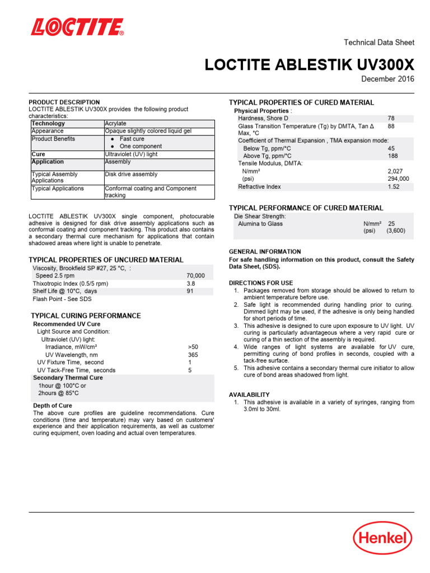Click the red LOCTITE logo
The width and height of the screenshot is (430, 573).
tap(77, 27)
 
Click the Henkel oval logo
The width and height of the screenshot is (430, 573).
tap(382, 539)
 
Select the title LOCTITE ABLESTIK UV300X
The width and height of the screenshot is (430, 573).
tap(310, 65)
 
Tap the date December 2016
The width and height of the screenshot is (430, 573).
tap(387, 79)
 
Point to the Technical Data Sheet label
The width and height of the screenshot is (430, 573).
tap(378, 43)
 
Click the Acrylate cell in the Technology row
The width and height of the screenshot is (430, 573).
tap(116, 123)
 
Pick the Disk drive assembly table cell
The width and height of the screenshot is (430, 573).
tap(131, 174)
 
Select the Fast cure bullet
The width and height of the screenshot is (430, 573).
tap(132, 139)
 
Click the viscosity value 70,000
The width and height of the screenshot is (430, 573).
tap(195, 276)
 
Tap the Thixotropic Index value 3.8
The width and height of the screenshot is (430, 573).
tap(191, 284)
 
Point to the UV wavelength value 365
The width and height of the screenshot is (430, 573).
tap(193, 355)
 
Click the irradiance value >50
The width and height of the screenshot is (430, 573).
tap(193, 347)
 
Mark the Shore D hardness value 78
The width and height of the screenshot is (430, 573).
tap(391, 119)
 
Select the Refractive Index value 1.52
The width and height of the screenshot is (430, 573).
tap(393, 187)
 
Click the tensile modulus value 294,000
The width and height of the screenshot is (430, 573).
tap(398, 179)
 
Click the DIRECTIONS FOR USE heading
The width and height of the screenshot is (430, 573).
tap(261, 283)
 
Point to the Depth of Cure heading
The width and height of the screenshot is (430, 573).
tap(53, 406)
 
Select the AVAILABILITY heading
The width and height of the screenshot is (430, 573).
tap(249, 394)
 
